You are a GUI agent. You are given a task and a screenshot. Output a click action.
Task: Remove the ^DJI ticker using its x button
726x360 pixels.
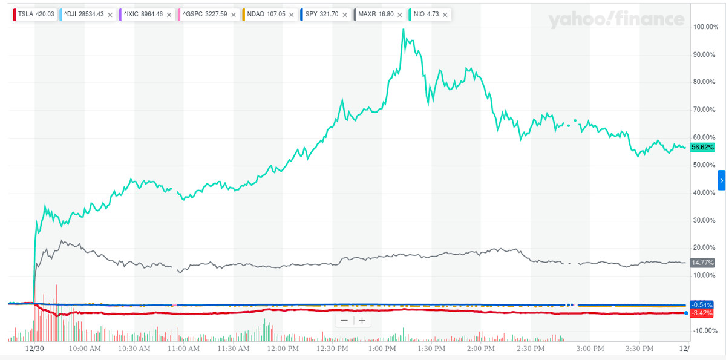[x=110, y=14]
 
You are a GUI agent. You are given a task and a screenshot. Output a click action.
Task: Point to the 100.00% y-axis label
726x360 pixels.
[x=705, y=27]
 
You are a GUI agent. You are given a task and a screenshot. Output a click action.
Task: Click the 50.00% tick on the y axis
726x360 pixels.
[x=705, y=165]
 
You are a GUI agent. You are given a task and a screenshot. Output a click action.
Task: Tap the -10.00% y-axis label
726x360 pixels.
[x=705, y=331]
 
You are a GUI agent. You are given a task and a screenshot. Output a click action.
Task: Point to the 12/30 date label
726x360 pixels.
[x=34, y=349]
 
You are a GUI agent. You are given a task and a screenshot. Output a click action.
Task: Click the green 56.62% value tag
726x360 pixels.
[x=702, y=147]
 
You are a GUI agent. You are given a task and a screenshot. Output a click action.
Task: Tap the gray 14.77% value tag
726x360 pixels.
[x=702, y=263]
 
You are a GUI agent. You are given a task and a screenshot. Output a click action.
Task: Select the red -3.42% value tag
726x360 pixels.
[x=702, y=313]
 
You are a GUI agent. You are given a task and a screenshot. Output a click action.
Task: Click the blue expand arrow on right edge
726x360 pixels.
[x=721, y=180]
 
